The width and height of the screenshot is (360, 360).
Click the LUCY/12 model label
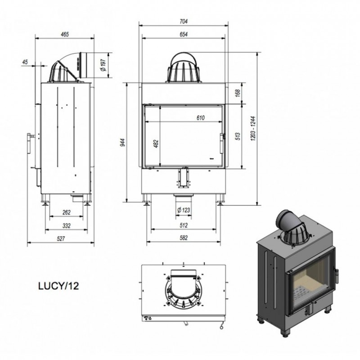tap(58, 286)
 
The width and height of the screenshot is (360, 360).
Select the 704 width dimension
tap(184, 21)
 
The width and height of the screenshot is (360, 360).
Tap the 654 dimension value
tap(184, 34)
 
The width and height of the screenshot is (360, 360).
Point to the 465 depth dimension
tap(65, 35)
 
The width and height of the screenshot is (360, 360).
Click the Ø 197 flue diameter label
tap(104, 65)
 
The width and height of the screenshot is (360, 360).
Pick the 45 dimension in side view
tap(25, 62)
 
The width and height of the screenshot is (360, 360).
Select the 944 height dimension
tap(123, 143)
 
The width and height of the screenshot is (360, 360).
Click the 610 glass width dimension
tap(200, 118)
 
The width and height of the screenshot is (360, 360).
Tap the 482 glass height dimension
tap(156, 144)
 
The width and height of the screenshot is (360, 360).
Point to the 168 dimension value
tap(238, 93)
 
